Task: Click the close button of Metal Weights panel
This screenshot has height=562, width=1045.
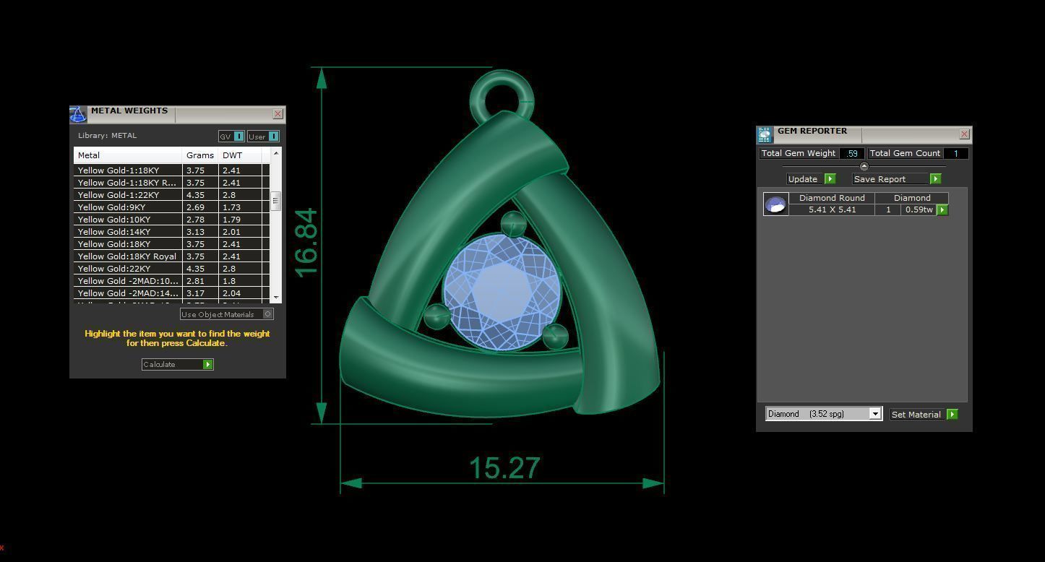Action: pos(278,114)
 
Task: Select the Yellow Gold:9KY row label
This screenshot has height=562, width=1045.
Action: pos(111,207)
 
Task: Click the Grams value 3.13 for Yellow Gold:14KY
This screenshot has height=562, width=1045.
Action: pos(196,232)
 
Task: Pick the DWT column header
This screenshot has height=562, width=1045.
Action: pos(233,155)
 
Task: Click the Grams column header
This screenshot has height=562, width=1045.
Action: pos(199,155)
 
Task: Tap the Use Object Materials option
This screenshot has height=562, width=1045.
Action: pos(226,314)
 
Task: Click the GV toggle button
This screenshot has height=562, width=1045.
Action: pos(231,137)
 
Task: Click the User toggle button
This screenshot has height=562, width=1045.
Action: pos(263,137)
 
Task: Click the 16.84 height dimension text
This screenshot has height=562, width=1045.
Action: pos(306,242)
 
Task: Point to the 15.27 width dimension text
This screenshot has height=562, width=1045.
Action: pos(504,468)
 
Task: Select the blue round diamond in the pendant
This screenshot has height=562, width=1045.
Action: pos(501,293)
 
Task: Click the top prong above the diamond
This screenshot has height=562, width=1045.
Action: pos(513,224)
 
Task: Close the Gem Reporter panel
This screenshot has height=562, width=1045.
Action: pos(964,134)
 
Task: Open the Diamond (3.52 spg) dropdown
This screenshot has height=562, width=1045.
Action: pos(824,414)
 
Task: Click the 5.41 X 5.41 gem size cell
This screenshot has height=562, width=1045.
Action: pos(832,209)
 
